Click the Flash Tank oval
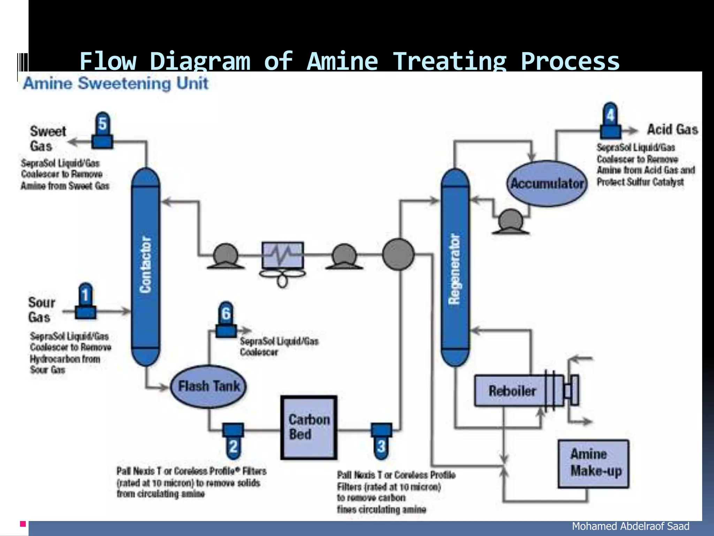208,386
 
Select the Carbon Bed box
309,427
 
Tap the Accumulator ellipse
547,184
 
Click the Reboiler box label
512,391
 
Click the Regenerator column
455,267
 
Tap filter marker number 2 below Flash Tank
233,440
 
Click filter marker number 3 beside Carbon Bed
381,440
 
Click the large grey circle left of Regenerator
398,254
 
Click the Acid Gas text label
673,129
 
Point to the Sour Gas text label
41,310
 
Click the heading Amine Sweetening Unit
116,84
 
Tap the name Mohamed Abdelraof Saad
630,526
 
